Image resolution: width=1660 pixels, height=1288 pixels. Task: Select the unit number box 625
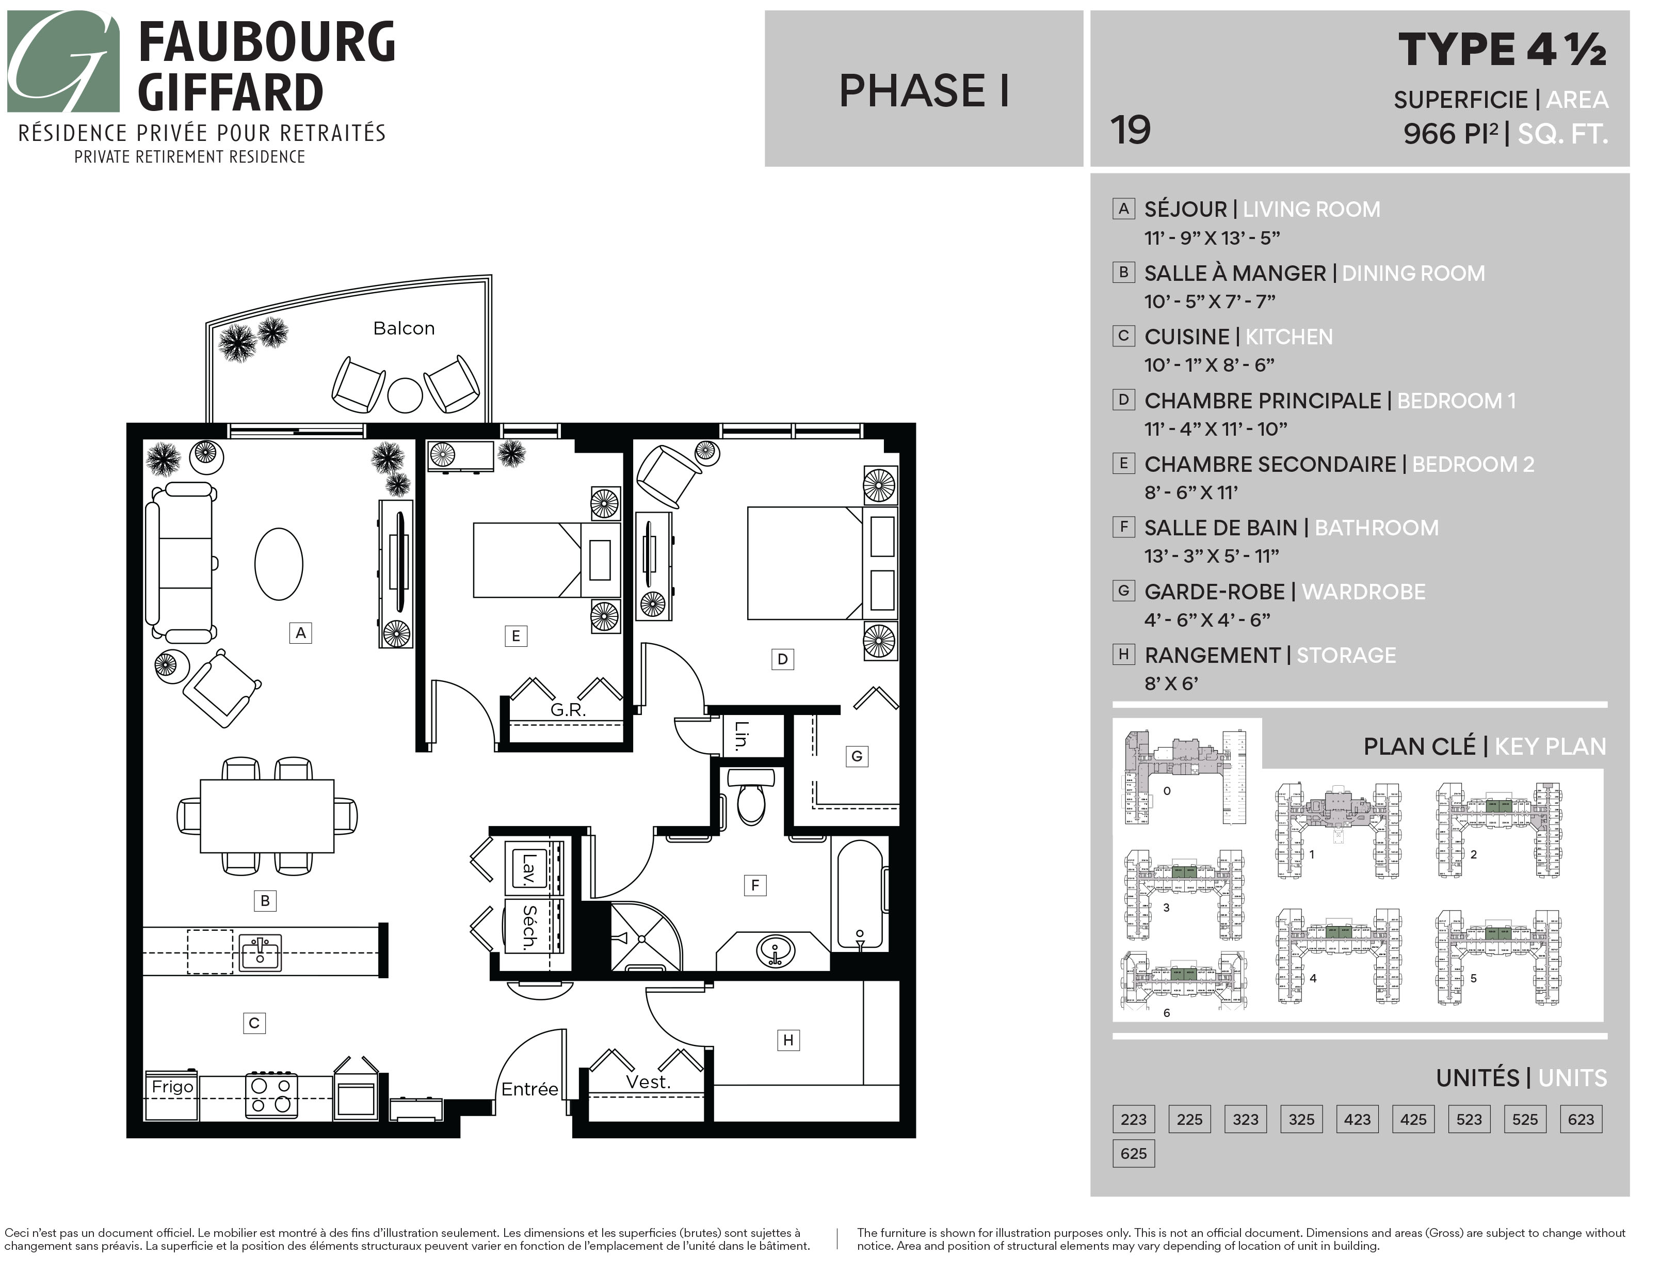(1133, 1153)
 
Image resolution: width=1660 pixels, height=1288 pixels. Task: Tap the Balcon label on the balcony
(404, 328)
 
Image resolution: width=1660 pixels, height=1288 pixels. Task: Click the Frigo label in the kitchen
(172, 1087)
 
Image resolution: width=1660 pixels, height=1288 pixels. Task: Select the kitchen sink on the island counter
(260, 952)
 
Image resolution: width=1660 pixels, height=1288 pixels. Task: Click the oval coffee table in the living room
(279, 564)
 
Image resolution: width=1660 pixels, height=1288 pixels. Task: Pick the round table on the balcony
(405, 395)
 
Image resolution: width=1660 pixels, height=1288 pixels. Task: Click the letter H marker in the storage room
(788, 1040)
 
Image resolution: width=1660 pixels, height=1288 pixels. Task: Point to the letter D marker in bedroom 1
(782, 659)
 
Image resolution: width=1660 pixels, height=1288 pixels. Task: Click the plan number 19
(1130, 130)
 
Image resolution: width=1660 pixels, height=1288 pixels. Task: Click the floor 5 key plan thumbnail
(1498, 958)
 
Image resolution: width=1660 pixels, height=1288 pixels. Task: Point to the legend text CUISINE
(1186, 337)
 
